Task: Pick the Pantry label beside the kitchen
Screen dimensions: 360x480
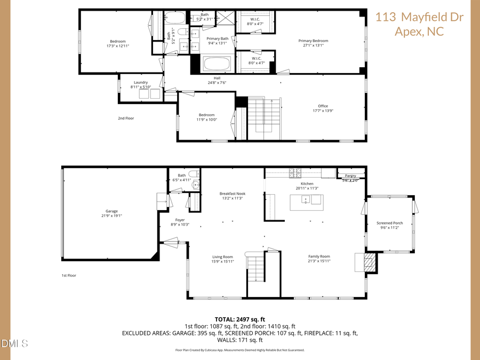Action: [350, 176]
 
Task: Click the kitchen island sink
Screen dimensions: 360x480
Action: [306, 200]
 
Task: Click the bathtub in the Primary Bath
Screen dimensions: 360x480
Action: [217, 66]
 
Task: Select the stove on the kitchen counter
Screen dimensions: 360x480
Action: [295, 173]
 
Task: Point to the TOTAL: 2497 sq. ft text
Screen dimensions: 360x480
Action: [239, 318]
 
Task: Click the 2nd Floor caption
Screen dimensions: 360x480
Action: [125, 118]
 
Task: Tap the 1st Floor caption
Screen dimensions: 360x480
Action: [69, 276]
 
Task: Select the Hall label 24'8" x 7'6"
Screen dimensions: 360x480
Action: [217, 81]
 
